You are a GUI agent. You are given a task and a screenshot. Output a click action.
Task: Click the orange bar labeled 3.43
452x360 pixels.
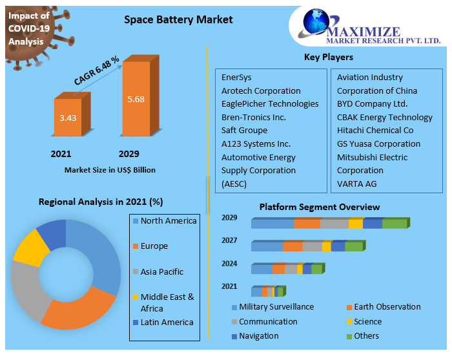tap(67, 118)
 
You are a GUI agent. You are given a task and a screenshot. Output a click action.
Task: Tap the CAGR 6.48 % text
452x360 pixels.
tap(97, 71)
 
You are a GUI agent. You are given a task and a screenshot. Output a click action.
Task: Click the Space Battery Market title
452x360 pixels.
tap(178, 19)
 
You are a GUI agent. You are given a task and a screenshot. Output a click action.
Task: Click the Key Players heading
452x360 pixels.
tap(328, 58)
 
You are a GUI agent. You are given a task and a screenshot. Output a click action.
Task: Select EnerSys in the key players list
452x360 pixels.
tap(236, 78)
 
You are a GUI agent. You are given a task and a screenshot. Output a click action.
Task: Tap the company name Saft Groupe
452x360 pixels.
tap(245, 131)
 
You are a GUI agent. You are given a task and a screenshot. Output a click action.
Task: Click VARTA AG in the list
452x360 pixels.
tap(357, 184)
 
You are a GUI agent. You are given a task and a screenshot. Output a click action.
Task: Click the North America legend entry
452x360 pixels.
tap(168, 221)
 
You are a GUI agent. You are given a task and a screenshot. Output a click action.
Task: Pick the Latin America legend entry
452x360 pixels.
tap(167, 323)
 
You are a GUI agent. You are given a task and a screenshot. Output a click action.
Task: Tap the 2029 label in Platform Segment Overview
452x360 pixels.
tap(229, 218)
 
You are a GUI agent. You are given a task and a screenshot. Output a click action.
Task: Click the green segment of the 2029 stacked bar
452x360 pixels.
tap(395, 224)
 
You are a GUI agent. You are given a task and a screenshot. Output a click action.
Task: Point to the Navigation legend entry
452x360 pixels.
tap(258, 336)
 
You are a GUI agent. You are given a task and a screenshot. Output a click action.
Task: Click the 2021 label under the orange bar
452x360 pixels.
tap(61, 154)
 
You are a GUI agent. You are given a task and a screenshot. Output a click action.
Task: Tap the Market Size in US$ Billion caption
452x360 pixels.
tap(110, 171)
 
